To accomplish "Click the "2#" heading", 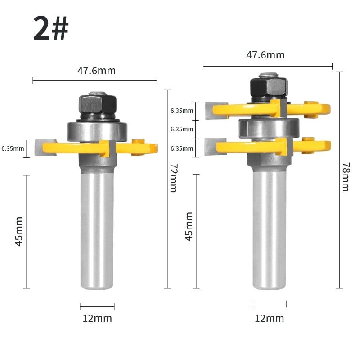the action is coord(51,28).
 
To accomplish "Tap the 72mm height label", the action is coord(173,178).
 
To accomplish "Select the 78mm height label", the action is coord(346,177).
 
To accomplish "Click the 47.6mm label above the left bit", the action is coord(96,71).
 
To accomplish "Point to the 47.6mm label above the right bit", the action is coord(265,55).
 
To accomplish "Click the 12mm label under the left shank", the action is coord(97,318).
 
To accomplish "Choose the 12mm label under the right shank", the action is coord(269,318).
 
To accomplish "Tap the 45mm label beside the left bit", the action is coord(19,231).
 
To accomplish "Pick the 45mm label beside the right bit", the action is coord(189,227).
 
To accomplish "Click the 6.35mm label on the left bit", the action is coord(13,148).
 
